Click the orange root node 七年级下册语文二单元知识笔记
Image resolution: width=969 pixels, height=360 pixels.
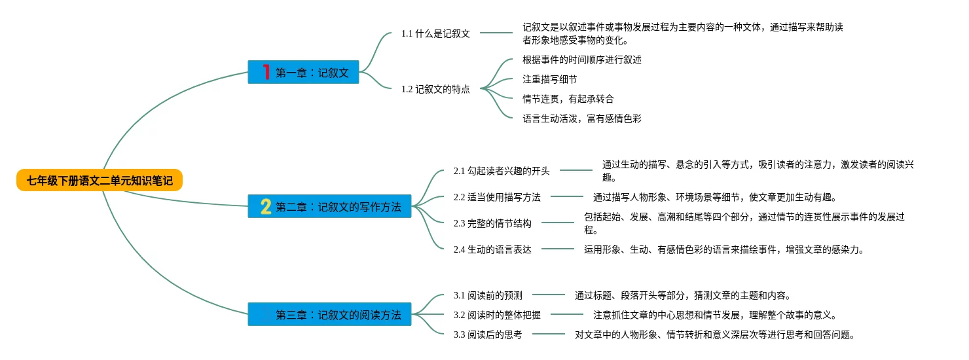100,180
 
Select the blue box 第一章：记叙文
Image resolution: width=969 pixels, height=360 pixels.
303,72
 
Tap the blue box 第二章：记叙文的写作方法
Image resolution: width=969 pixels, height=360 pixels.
329,206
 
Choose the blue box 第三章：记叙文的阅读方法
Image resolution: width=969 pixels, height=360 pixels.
329,314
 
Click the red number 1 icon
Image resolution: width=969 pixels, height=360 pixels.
266,72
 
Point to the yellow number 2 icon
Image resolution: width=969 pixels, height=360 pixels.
266,206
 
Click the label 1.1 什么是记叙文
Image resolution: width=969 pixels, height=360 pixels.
435,33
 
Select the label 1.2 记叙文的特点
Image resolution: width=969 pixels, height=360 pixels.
435,89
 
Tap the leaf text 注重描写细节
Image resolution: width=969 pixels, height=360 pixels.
549,79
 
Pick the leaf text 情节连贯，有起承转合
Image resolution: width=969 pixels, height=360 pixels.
568,99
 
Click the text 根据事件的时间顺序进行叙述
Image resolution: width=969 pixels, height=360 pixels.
582,60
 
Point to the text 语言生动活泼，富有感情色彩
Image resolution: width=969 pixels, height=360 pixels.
582,118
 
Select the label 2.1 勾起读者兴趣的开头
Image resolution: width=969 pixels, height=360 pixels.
502,171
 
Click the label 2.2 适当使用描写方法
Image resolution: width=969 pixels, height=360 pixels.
497,197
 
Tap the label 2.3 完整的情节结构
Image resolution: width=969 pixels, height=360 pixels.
492,223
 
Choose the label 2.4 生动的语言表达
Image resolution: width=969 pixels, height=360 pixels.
492,249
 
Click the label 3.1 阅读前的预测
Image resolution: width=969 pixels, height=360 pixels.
488,295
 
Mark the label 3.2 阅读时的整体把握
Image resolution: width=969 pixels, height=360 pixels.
497,315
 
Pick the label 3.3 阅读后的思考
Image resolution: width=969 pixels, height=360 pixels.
488,334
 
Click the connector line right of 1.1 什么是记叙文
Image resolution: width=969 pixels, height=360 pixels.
496,33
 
